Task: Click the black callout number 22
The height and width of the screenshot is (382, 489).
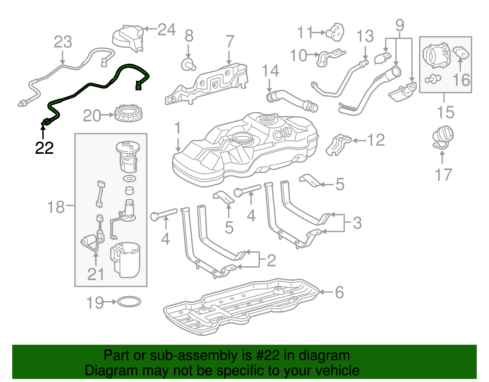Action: pyautogui.click(x=44, y=148)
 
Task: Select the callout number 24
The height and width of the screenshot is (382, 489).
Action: pyautogui.click(x=167, y=30)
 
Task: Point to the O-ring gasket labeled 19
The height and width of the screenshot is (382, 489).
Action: pyautogui.click(x=129, y=302)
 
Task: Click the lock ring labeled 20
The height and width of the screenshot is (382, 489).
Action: pyautogui.click(x=128, y=113)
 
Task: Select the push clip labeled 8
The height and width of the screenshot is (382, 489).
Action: pyautogui.click(x=188, y=64)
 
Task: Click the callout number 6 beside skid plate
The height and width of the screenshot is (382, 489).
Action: pyautogui.click(x=339, y=292)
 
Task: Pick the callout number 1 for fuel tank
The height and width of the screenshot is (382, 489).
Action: pyautogui.click(x=178, y=128)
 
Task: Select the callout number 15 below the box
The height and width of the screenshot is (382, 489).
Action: pyautogui.click(x=446, y=112)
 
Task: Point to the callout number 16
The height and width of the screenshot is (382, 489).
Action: pyautogui.click(x=461, y=80)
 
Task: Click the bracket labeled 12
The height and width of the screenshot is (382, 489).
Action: pyautogui.click(x=338, y=144)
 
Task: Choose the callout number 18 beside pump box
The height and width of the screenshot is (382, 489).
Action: pyautogui.click(x=56, y=207)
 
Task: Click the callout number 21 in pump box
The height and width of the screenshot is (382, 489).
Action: pyautogui.click(x=96, y=274)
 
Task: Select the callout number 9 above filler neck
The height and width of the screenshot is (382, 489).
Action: pyautogui.click(x=399, y=25)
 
